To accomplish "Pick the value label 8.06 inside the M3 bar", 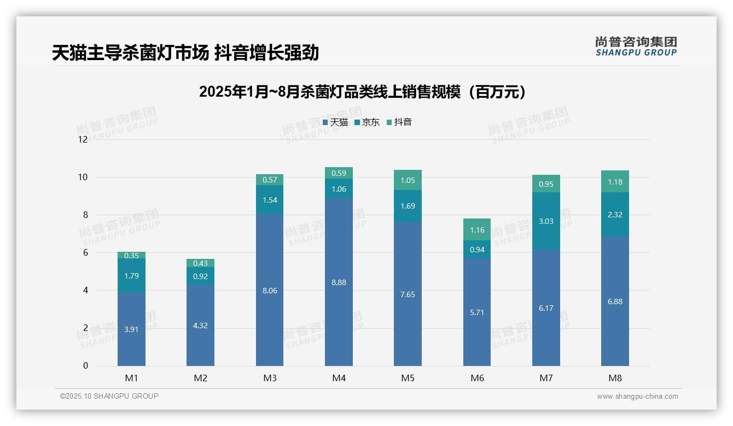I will click(x=270, y=291).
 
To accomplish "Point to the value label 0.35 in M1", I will click(x=131, y=256).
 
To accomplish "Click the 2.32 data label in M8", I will click(x=615, y=215).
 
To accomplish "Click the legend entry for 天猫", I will click(x=335, y=122).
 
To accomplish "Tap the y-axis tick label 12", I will click(x=83, y=139).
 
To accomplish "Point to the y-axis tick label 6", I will click(x=85, y=252).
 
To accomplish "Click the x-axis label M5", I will click(x=408, y=378).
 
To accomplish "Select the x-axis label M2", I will click(x=200, y=378).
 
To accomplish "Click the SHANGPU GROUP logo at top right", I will click(x=636, y=46).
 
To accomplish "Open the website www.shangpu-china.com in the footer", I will click(x=637, y=397).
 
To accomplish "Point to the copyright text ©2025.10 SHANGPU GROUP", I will click(x=109, y=397).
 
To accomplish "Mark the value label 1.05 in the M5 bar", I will click(x=408, y=180).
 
